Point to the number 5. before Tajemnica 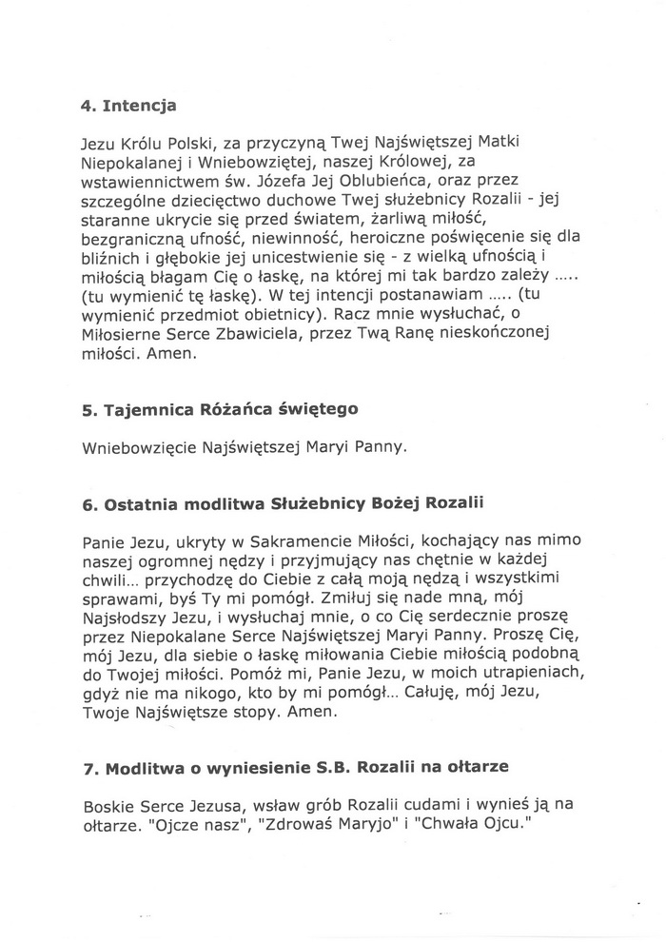pyautogui.click(x=89, y=411)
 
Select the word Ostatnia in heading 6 pyautogui.click(x=136, y=502)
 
